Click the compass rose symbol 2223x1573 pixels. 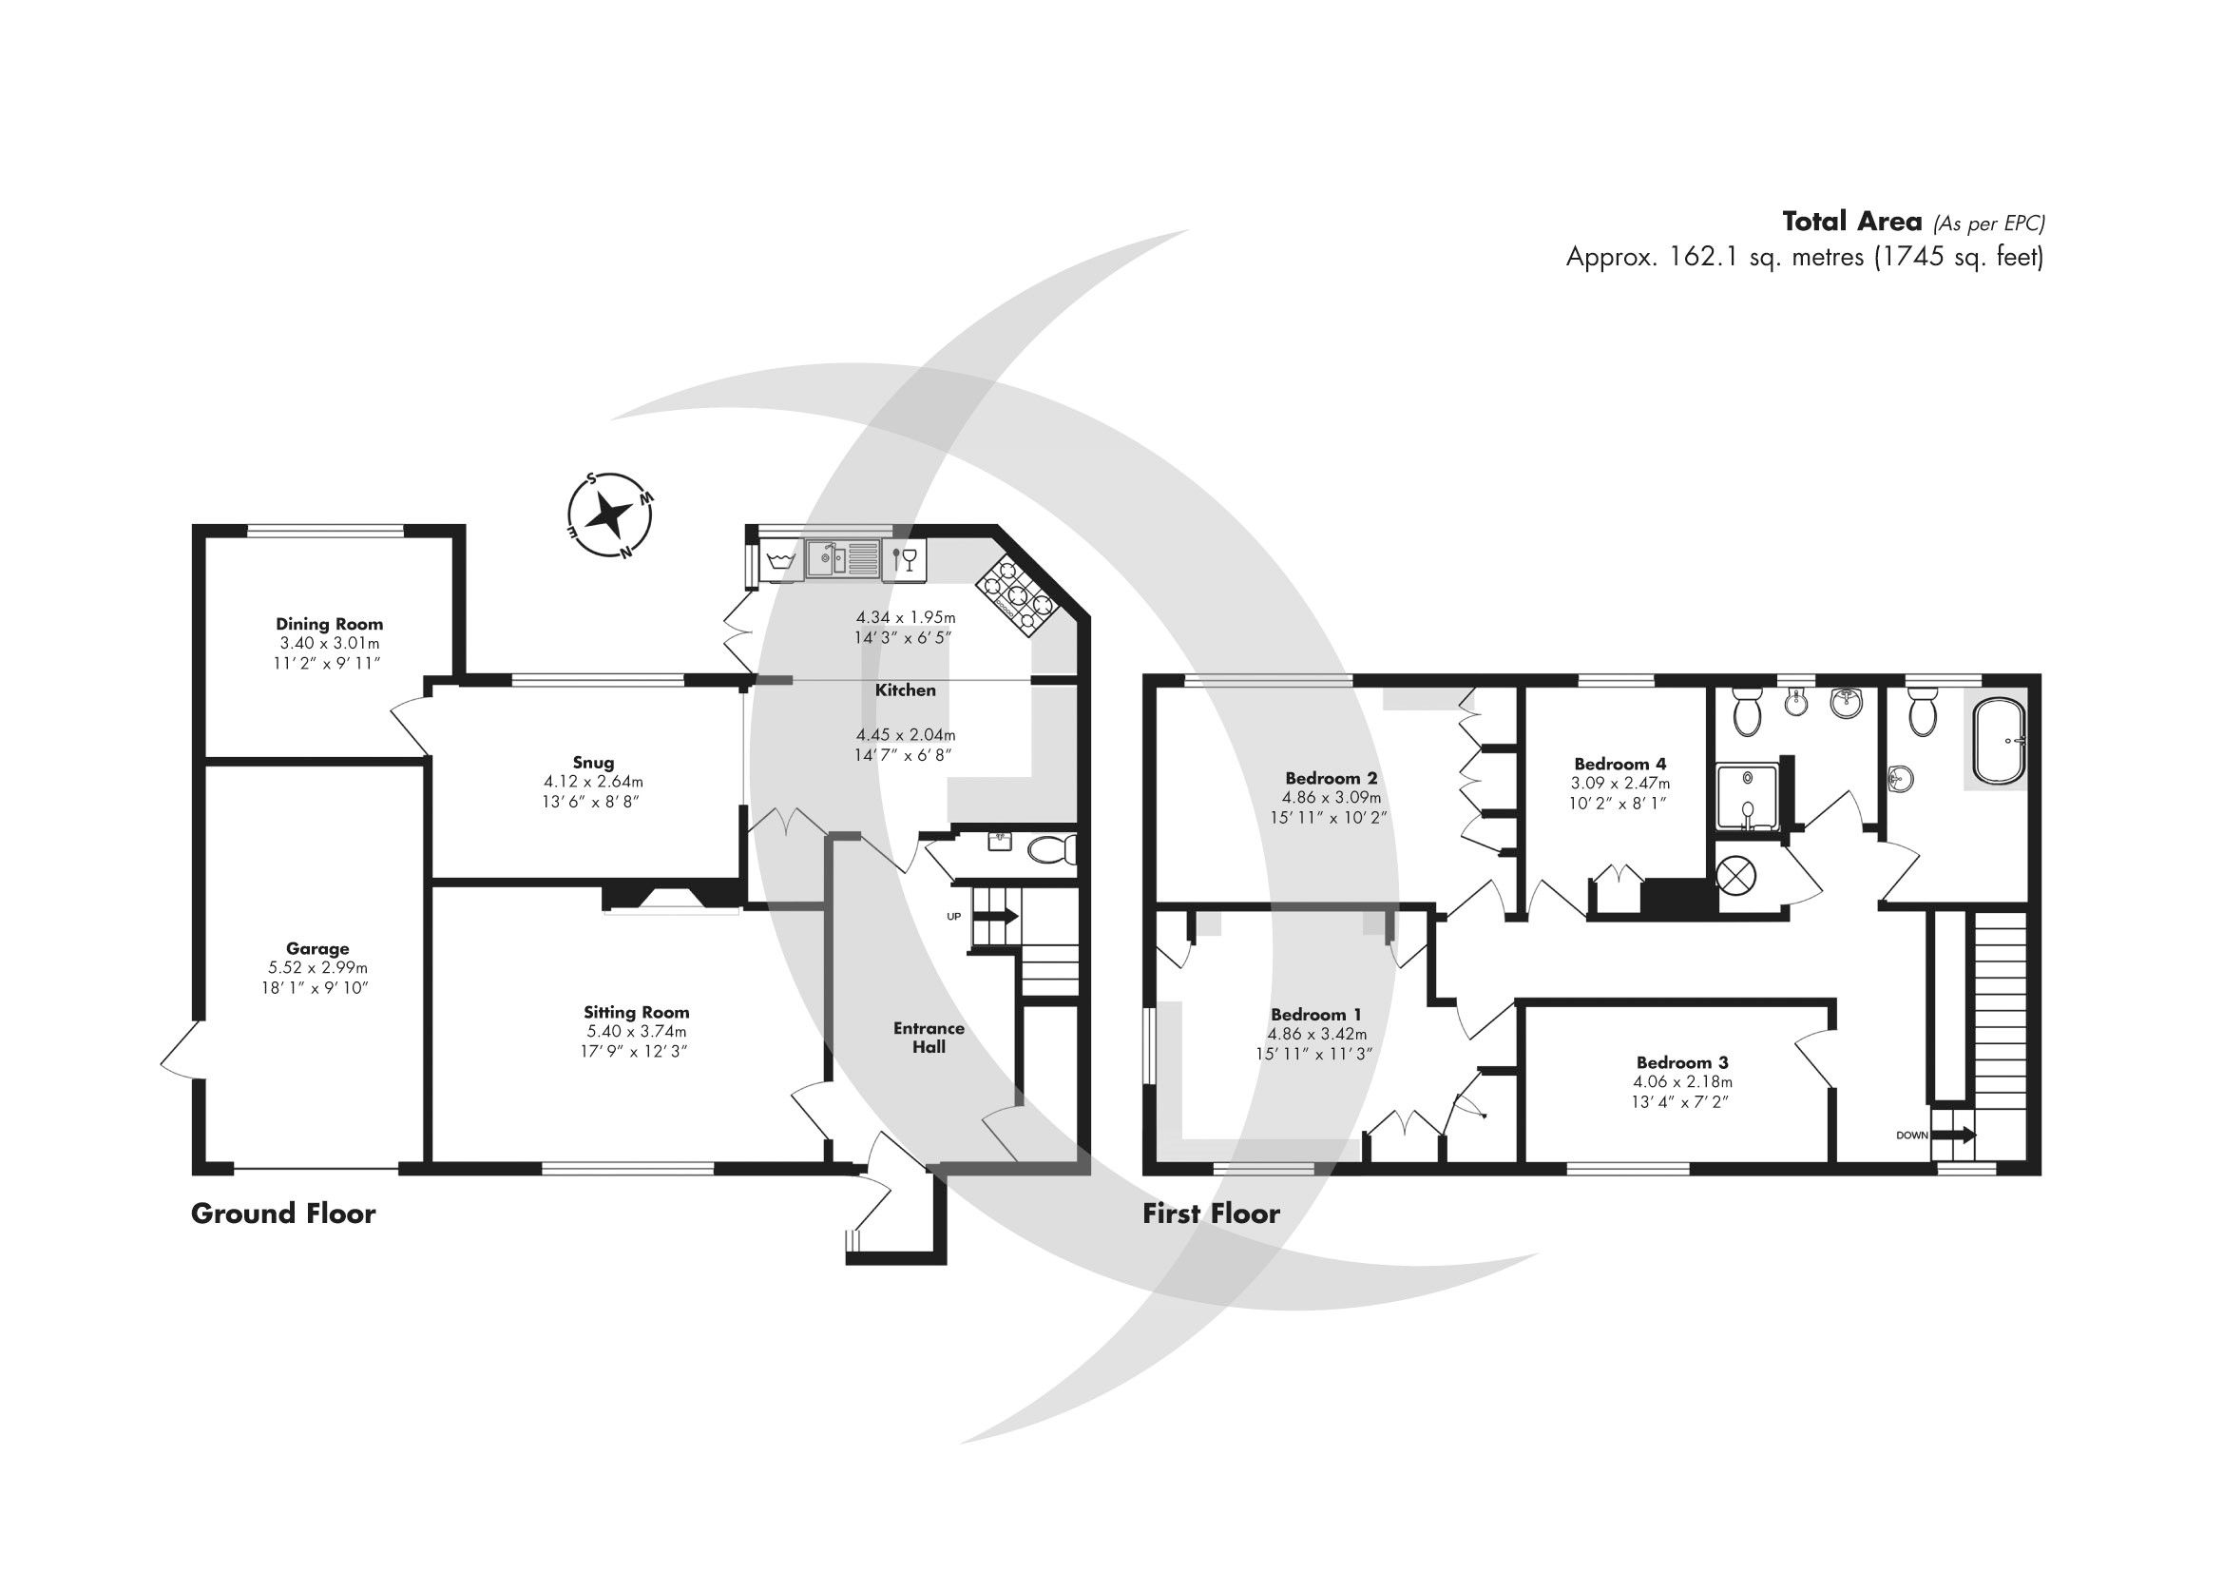609,516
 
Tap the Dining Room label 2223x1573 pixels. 329,624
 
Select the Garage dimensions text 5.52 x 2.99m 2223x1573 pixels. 317,967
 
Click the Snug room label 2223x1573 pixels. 592,763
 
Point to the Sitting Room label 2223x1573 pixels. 636,1012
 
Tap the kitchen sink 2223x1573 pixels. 841,560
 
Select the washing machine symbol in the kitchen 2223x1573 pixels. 779,561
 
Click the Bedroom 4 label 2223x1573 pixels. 1619,764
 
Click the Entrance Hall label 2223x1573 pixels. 929,1037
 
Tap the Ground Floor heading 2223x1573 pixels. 282,1214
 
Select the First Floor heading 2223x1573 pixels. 1210,1214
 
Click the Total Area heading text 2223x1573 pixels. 1851,222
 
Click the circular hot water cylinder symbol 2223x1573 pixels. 1736,876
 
